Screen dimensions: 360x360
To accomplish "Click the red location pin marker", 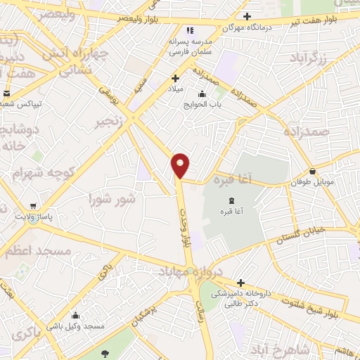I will click(x=181, y=165).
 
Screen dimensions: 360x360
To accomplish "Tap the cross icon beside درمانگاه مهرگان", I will click(x=246, y=16).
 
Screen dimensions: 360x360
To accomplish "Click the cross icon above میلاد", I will click(x=175, y=79).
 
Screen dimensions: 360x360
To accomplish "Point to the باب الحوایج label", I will click(x=203, y=105).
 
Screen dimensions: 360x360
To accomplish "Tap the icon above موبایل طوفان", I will click(x=313, y=171).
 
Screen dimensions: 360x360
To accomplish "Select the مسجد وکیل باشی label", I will click(x=75, y=326).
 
